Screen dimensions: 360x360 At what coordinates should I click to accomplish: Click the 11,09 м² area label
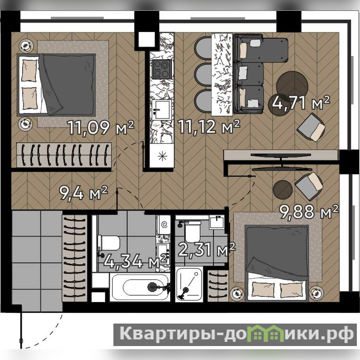coord(101,127)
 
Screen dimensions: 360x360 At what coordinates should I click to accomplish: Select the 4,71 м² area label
coord(301,103)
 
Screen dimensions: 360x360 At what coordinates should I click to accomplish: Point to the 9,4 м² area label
coord(83,193)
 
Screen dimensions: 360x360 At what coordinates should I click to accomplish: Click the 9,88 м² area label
coord(309,211)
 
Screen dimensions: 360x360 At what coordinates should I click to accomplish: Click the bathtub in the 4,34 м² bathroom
coord(140,287)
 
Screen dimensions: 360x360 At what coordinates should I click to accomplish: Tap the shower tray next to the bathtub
coord(189,284)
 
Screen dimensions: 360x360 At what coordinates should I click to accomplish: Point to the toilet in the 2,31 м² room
coord(193,231)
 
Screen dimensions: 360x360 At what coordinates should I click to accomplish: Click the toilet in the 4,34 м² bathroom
coord(109,243)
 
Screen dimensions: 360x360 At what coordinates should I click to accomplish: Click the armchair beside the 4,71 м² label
coord(311,127)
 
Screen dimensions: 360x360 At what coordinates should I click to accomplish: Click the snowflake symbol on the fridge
coord(162,156)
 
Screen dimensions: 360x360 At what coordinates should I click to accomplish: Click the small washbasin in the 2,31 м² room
coord(217,221)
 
